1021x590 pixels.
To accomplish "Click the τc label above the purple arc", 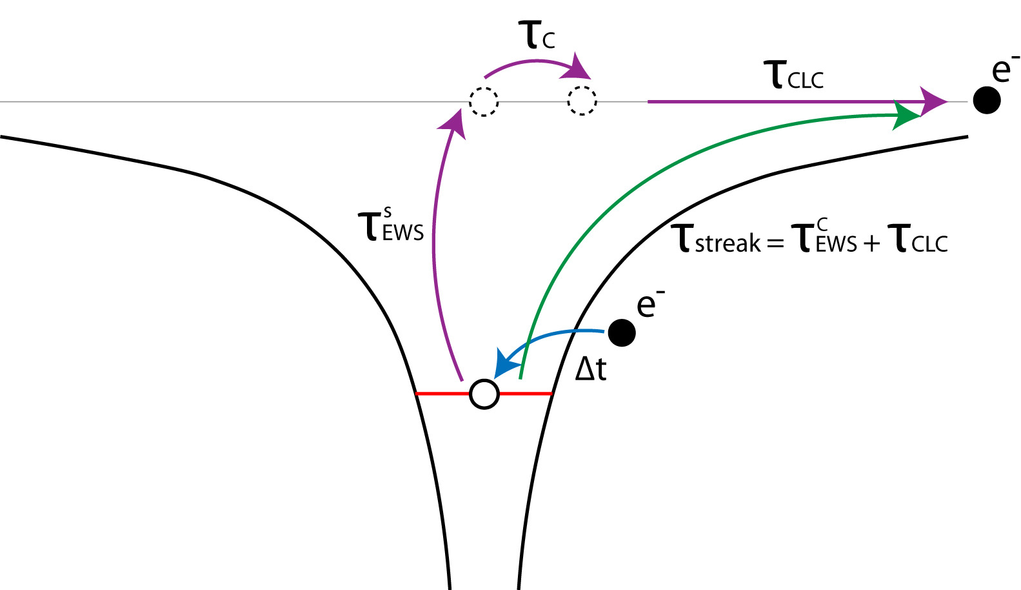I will pyautogui.click(x=535, y=36).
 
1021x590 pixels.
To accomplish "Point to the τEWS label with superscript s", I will pyautogui.click(x=391, y=226).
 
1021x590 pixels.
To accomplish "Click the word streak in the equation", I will pyautogui.click(x=728, y=243).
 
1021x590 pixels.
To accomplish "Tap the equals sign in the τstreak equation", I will pyautogui.click(x=775, y=243).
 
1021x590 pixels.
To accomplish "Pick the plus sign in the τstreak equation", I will pyautogui.click(x=871, y=243).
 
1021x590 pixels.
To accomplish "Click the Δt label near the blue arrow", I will pyautogui.click(x=591, y=369).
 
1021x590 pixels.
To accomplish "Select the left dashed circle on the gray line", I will pyautogui.click(x=483, y=101).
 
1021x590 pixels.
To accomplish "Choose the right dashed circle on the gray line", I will pyautogui.click(x=582, y=101).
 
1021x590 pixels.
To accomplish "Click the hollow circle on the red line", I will pyautogui.click(x=484, y=394).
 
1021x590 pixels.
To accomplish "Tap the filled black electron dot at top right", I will pyautogui.click(x=986, y=100).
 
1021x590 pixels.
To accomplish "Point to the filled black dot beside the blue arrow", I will pyautogui.click(x=622, y=332).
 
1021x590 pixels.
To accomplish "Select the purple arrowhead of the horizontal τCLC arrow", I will pyautogui.click(x=934, y=101).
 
